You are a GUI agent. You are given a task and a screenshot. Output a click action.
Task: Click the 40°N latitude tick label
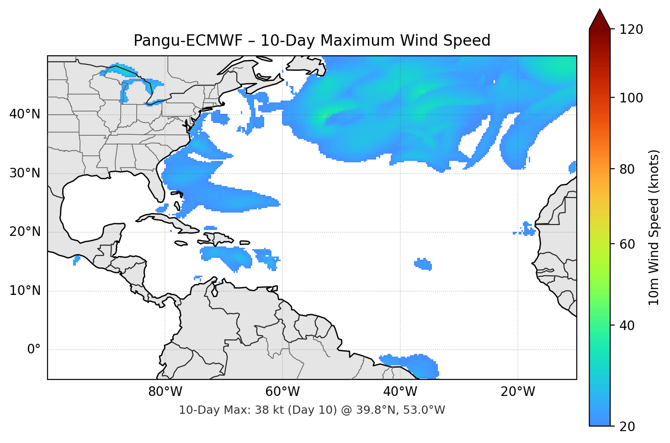coord(25,114)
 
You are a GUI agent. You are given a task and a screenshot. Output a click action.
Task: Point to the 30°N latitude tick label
coord(25,173)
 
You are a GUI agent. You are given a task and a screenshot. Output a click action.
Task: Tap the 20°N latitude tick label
coord(25,232)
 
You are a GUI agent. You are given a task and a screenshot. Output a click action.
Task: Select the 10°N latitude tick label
coord(25,291)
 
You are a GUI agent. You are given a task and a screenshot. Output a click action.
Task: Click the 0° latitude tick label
coord(34,350)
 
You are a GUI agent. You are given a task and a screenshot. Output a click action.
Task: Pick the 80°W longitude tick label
coord(165,392)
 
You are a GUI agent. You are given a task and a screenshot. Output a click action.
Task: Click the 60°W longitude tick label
coord(282,392)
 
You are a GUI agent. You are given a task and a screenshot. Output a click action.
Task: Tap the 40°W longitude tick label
coord(400,392)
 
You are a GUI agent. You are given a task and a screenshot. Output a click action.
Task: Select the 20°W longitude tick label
coord(518,392)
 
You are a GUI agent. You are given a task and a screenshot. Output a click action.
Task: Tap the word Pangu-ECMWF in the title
coord(188,41)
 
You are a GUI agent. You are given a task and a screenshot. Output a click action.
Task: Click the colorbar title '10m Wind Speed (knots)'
coord(654,228)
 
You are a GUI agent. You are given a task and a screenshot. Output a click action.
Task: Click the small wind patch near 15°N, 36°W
coord(423,264)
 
